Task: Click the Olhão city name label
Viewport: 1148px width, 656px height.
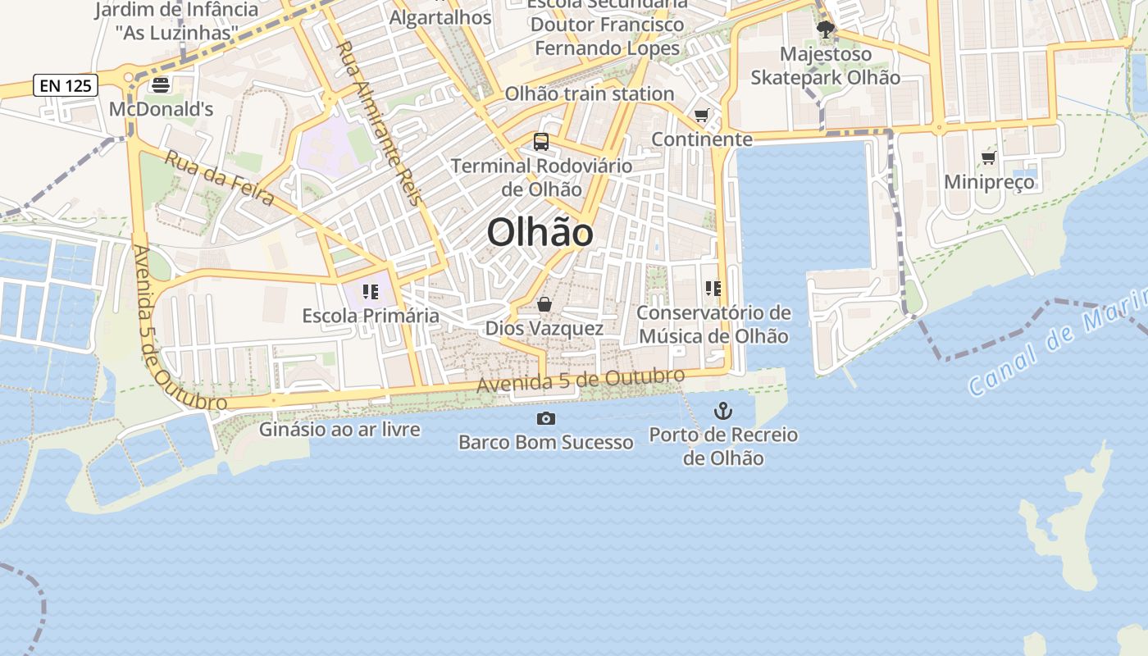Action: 540,233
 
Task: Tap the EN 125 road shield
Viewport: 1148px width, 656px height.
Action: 66,84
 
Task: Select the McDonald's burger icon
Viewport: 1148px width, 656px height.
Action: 161,84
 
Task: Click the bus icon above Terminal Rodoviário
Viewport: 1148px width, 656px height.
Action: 541,141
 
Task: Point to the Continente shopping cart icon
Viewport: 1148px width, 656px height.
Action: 701,116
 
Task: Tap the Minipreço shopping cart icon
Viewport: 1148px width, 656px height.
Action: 989,157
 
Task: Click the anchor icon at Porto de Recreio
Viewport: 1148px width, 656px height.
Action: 722,410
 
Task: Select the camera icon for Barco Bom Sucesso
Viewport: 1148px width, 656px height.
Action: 545,419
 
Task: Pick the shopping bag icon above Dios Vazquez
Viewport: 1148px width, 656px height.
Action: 544,305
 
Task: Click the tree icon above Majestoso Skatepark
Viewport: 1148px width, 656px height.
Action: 826,30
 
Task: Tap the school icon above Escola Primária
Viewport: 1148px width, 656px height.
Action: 370,291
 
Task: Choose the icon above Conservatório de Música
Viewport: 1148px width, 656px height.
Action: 713,288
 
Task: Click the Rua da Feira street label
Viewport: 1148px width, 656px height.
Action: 219,180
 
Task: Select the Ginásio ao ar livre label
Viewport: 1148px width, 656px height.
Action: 339,429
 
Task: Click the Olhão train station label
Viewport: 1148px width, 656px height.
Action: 589,93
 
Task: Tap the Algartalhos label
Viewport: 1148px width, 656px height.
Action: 440,17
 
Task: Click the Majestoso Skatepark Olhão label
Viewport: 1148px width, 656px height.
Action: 826,66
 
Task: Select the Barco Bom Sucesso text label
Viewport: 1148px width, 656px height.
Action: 545,443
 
